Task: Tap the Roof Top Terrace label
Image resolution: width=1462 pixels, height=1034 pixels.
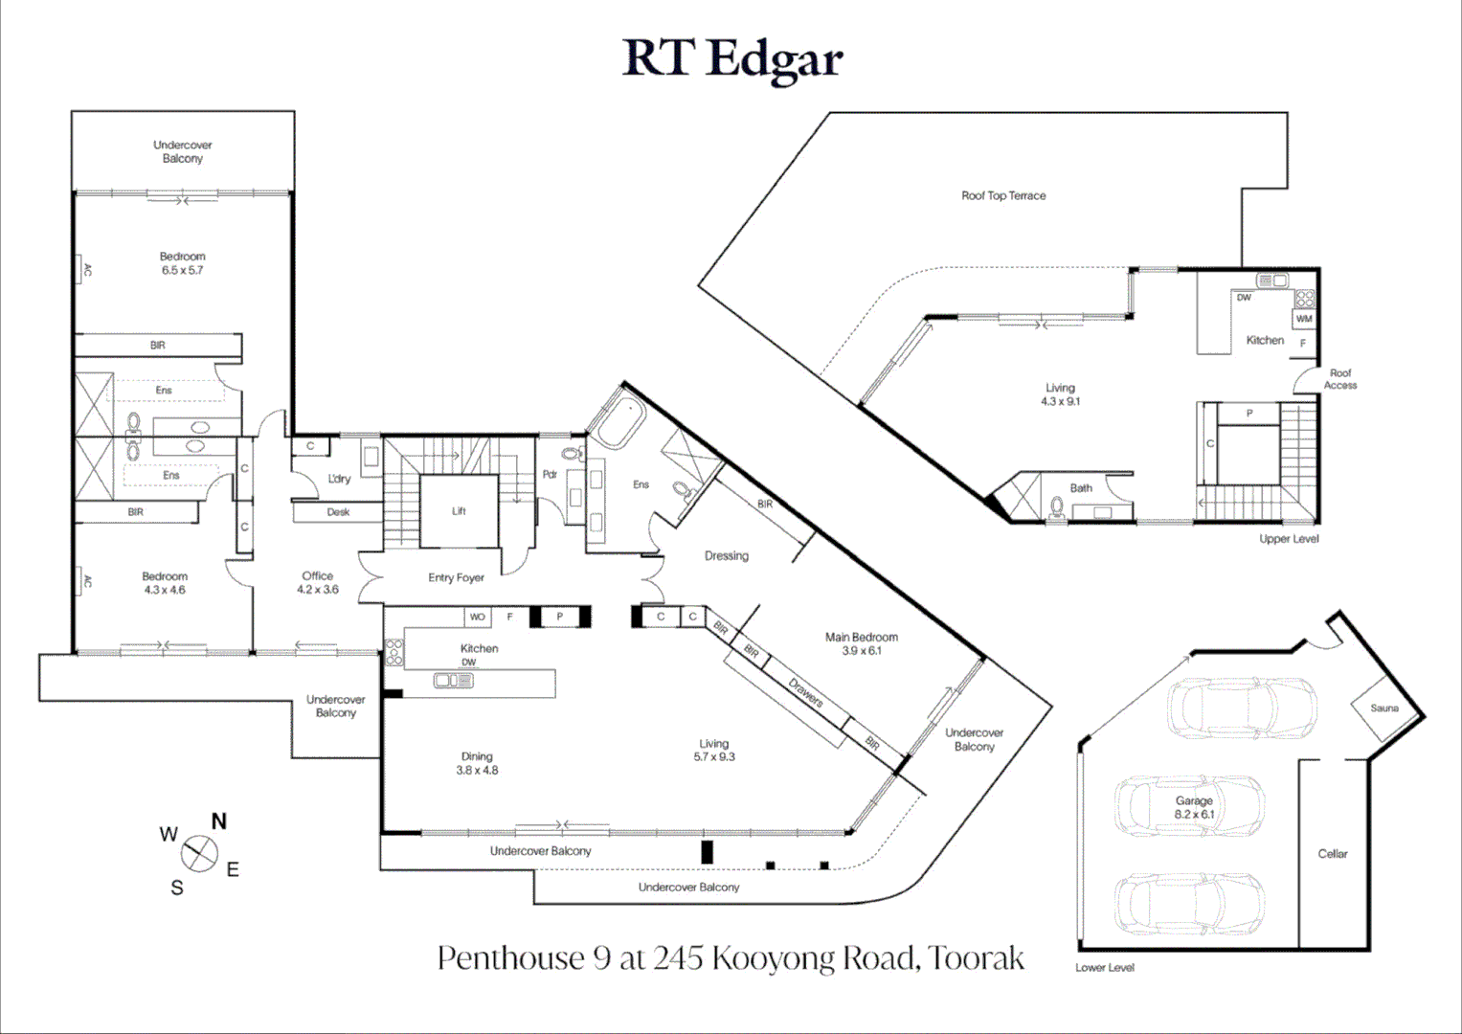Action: tap(1003, 196)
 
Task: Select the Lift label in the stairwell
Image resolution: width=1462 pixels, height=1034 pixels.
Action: tap(459, 511)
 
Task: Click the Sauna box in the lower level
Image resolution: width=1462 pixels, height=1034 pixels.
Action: tap(1384, 708)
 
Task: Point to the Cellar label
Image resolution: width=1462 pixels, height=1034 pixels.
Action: tap(1332, 854)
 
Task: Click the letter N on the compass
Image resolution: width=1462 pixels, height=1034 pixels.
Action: tap(219, 821)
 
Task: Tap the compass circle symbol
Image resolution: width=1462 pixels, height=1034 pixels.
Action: tap(199, 853)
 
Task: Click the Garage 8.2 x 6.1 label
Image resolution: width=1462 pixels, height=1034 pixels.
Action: tap(1195, 807)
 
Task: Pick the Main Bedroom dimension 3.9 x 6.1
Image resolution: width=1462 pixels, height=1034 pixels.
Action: tap(862, 651)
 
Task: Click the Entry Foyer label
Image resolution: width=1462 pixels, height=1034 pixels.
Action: tap(457, 577)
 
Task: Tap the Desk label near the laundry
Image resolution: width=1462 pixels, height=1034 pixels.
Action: tap(338, 512)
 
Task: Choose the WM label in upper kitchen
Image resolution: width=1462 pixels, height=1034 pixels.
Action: tap(1304, 319)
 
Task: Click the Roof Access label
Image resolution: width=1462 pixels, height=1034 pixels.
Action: tap(1340, 379)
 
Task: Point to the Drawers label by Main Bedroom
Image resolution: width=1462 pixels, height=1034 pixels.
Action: tap(805, 693)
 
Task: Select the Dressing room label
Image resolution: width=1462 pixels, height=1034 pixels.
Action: tap(727, 556)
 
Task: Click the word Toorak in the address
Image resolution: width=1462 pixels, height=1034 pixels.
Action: tap(976, 958)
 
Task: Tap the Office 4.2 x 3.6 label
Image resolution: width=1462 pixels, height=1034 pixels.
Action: tap(318, 582)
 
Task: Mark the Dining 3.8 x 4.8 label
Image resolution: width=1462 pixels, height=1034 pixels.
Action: tap(477, 763)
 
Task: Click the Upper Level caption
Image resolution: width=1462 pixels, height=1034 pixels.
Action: tap(1289, 539)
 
